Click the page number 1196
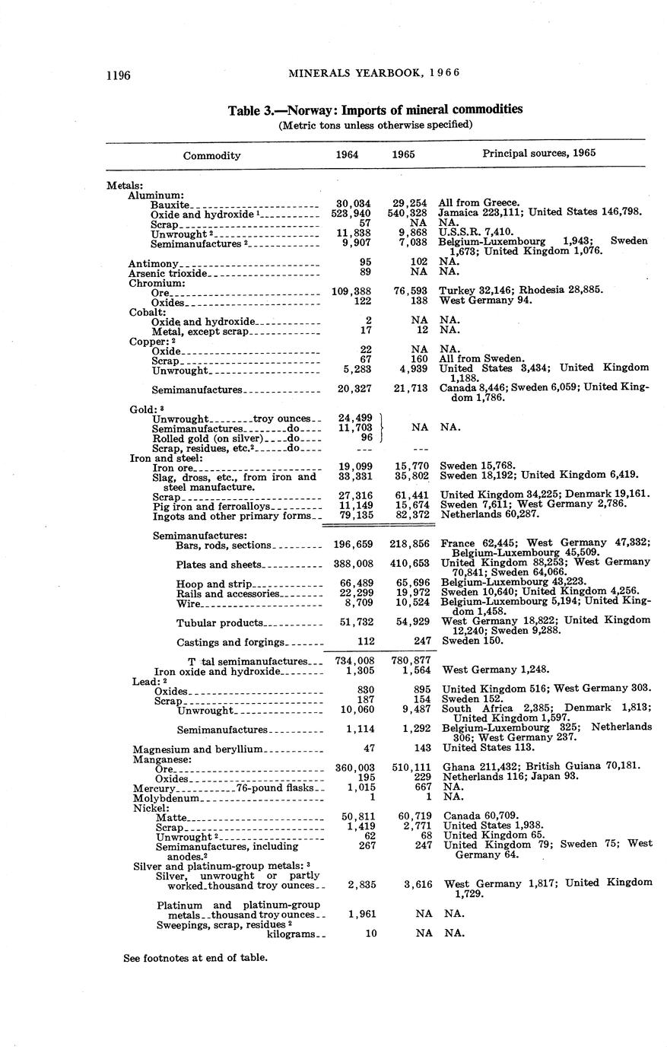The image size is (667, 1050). click(119, 75)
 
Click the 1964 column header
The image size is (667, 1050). click(348, 154)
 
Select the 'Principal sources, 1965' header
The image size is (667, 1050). click(538, 153)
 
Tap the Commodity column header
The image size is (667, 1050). click(211, 155)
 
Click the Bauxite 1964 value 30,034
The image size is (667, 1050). click(353, 204)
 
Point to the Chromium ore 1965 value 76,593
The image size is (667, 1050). click(410, 291)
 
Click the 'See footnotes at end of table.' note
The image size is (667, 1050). click(195, 957)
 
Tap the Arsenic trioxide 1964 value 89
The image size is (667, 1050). click(364, 272)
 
